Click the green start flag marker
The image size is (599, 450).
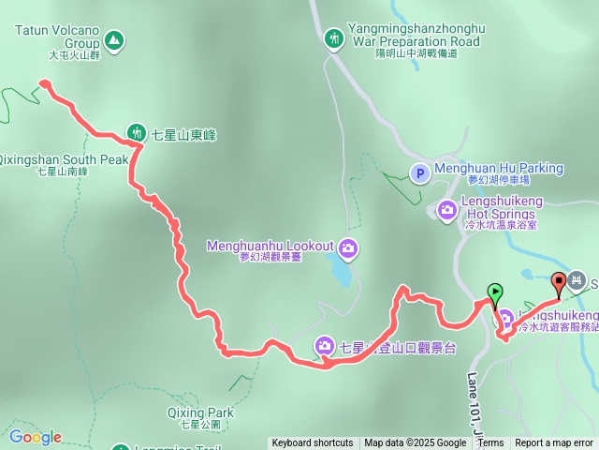pyautogui.click(x=494, y=292)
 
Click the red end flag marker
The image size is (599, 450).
pyautogui.click(x=560, y=281)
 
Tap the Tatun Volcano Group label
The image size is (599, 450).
pyautogui.click(x=56, y=37)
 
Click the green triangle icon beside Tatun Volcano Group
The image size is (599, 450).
pyautogui.click(x=114, y=39)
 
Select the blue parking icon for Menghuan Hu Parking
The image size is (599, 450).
pyautogui.click(x=420, y=172)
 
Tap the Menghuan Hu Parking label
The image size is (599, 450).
pyautogui.click(x=499, y=169)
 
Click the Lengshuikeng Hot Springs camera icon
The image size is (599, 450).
pyautogui.click(x=447, y=208)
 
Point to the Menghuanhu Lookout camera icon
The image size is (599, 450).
pyautogui.click(x=348, y=247)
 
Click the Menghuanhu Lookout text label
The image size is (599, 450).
pyautogui.click(x=270, y=246)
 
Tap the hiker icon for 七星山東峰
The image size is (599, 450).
pyautogui.click(x=137, y=134)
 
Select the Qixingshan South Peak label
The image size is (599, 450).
pyautogui.click(x=64, y=159)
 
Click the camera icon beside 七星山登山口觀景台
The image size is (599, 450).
pyautogui.click(x=324, y=346)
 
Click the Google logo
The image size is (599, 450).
pyautogui.click(x=35, y=437)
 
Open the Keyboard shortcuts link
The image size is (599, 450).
pyautogui.click(x=313, y=443)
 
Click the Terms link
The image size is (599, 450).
pyautogui.click(x=490, y=443)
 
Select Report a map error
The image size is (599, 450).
pyautogui.click(x=554, y=443)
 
